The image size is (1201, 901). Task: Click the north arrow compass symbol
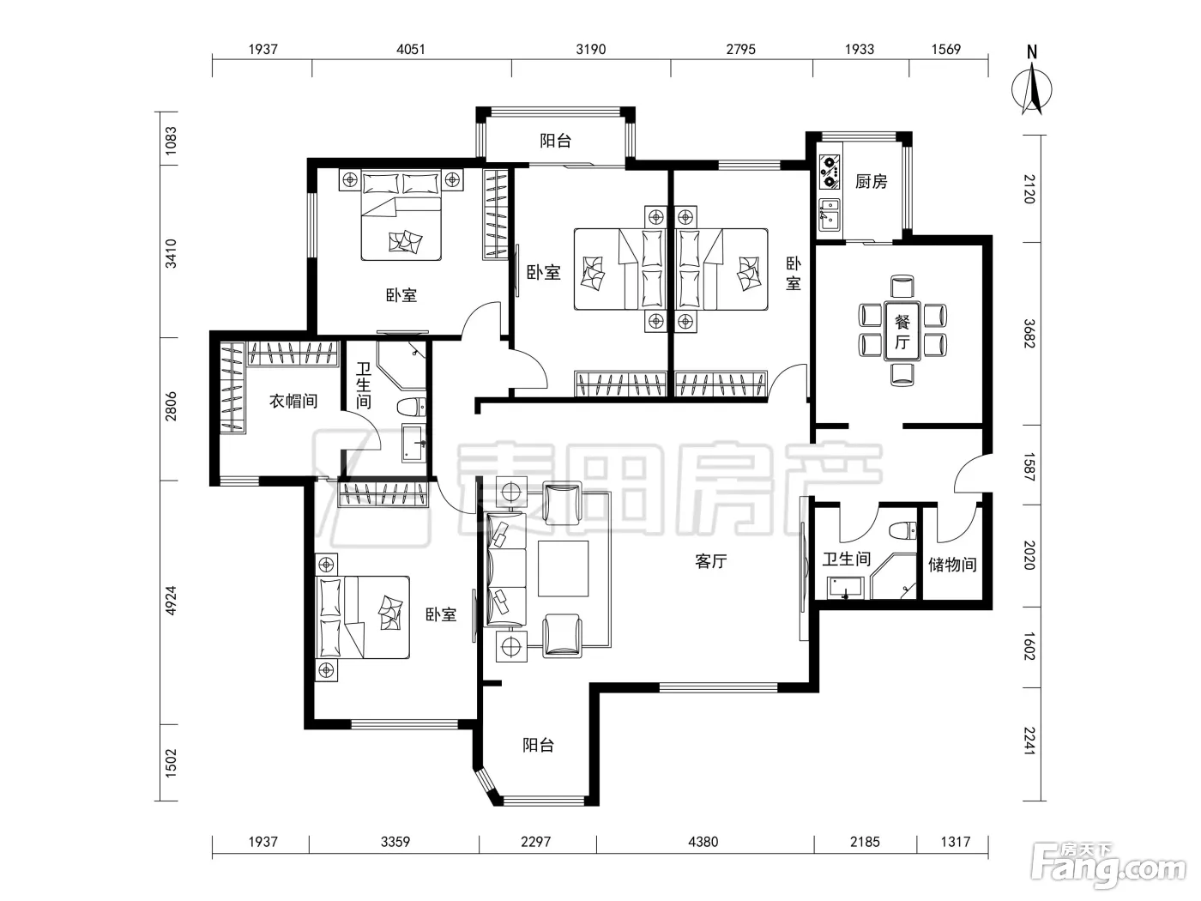coord(1031,88)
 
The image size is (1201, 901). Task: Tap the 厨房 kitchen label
coord(871,182)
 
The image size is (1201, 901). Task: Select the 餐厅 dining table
coord(902,331)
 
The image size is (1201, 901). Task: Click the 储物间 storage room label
coord(952,565)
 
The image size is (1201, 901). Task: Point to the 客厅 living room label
coord(711,561)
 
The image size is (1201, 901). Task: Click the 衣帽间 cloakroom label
coord(293,402)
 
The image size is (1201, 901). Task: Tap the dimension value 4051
coord(410,49)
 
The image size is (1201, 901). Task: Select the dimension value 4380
coord(703,842)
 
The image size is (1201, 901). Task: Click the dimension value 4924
coord(172,601)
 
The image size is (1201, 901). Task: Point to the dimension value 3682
coord(1029,334)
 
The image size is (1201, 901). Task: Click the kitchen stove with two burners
coord(830,172)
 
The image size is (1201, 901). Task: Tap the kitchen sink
coord(830,215)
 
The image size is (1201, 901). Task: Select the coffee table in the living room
coord(563,568)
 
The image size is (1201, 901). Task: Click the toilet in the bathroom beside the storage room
coord(902,530)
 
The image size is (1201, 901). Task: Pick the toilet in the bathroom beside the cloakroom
coord(412,407)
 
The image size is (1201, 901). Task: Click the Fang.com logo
coord(1108,870)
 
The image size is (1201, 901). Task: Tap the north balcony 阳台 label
coord(555,141)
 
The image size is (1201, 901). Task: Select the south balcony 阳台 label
coord(539,745)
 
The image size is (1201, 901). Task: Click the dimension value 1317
coord(956,842)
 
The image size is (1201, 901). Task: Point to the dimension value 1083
coord(172,141)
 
